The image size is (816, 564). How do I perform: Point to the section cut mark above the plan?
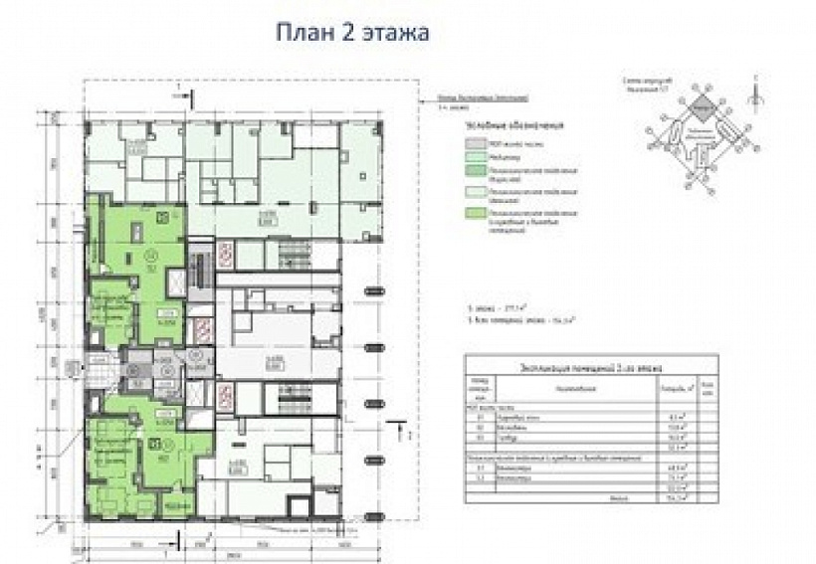tap(176, 92)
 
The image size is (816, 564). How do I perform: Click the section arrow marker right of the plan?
tap(404, 432)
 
